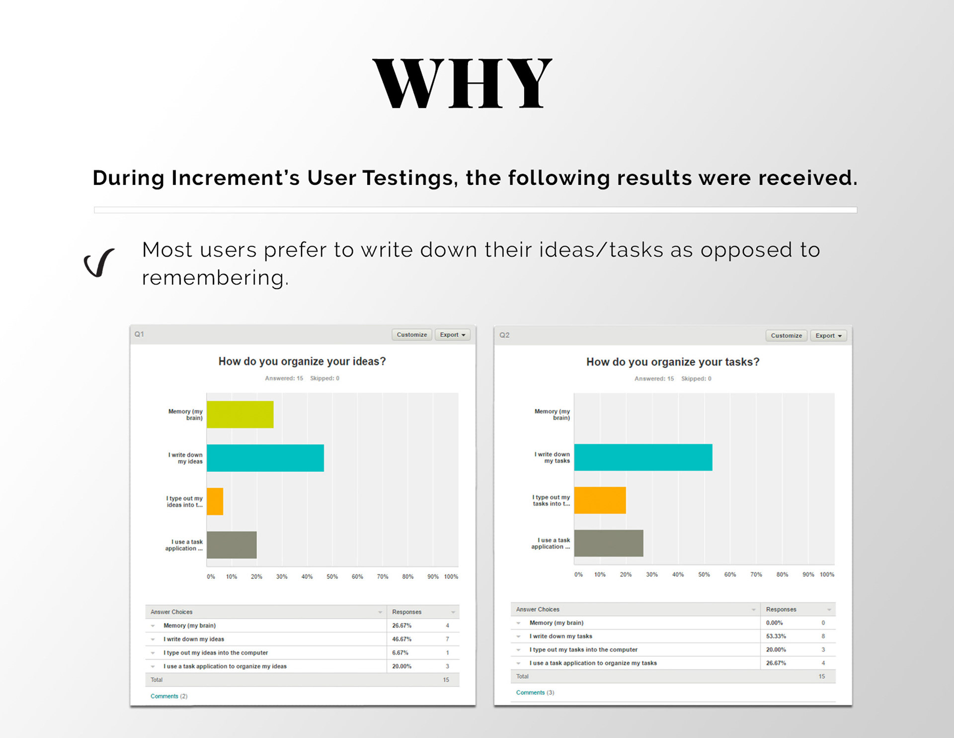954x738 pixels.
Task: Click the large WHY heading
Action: (462, 83)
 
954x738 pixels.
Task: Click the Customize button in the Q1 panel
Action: (411, 335)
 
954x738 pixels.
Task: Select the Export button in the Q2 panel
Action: (828, 336)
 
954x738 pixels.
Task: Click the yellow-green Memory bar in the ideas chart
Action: (240, 414)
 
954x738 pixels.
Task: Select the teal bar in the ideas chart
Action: (265, 458)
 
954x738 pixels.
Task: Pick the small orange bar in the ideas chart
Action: (215, 501)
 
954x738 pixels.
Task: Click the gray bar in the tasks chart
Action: (609, 543)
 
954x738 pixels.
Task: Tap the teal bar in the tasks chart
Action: (643, 457)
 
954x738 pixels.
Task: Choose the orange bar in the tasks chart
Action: (600, 500)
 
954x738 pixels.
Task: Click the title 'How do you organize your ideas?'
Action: (302, 362)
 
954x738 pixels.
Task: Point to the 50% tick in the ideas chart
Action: (332, 577)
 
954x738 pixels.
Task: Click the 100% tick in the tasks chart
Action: (827, 574)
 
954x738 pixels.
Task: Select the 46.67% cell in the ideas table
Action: (401, 639)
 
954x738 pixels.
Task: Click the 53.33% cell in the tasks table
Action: (776, 636)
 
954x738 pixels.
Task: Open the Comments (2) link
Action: (169, 696)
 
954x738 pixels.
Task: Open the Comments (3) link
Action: (535, 692)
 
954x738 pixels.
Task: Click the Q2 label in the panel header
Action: (504, 335)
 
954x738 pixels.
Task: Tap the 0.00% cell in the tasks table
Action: (774, 623)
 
